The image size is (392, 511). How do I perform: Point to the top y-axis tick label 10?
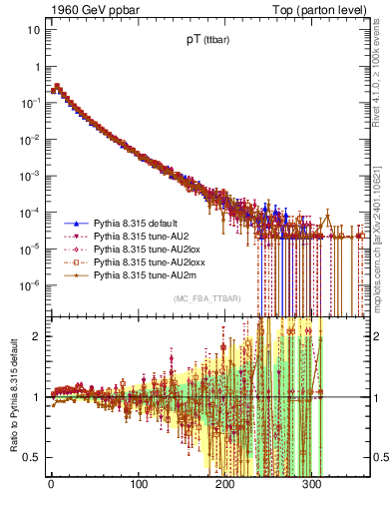(x=34, y=30)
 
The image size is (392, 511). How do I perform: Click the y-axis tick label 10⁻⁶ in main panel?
(x=30, y=283)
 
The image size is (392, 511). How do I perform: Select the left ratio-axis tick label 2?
(x=37, y=335)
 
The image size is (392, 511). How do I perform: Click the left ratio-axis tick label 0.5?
(x=33, y=457)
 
